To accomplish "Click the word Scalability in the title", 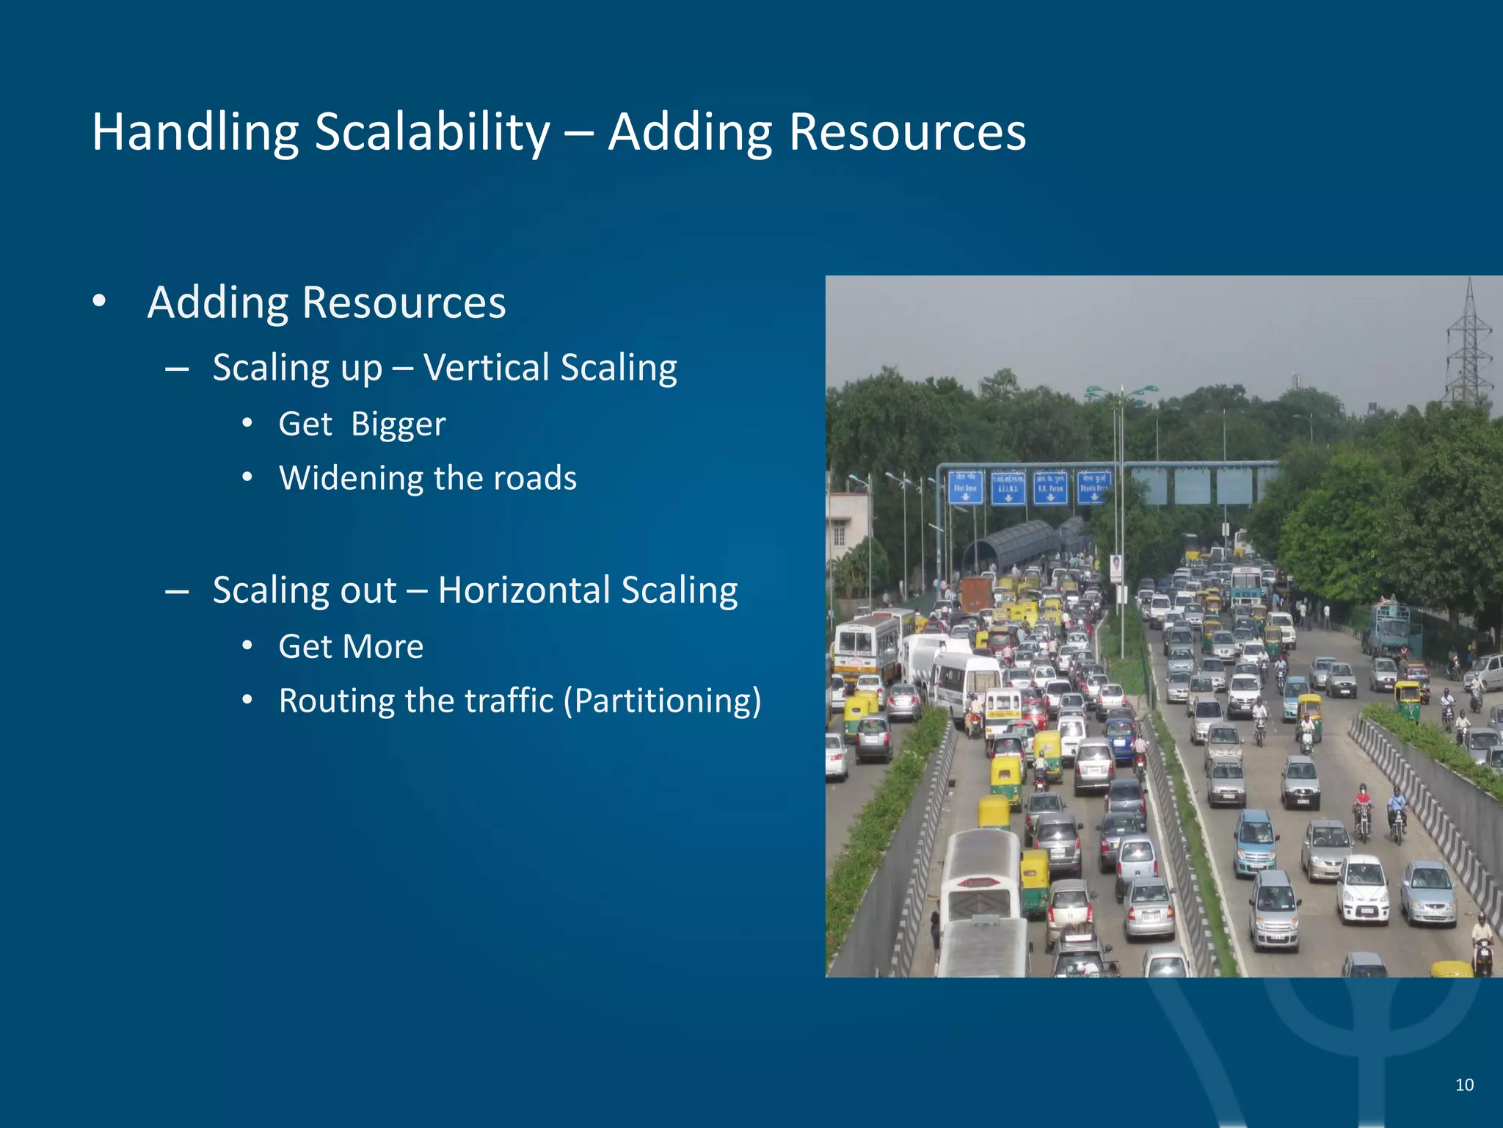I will (432, 133).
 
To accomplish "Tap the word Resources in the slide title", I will (907, 133).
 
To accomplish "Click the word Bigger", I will (398, 424).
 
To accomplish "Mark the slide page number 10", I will (1464, 1085).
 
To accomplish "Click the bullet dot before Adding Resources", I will (99, 302).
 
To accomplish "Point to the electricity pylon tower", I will (1469, 345).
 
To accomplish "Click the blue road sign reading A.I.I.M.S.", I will (1008, 488).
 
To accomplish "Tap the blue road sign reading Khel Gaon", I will (965, 487).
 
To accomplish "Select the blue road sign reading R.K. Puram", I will (1050, 488).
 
